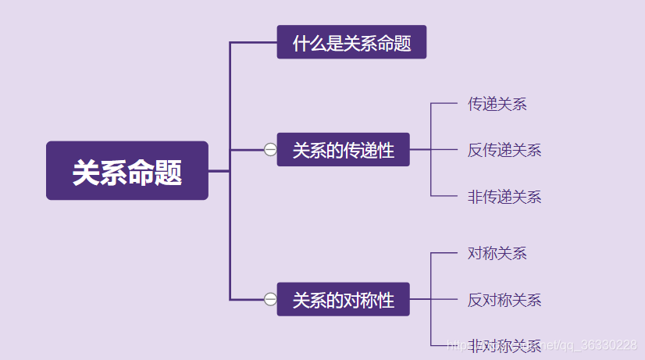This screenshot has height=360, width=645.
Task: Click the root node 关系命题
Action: pos(127,171)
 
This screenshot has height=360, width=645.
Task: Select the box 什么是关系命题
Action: pos(351,42)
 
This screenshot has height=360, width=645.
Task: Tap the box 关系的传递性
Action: pos(343,149)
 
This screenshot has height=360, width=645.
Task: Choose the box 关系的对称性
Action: pos(343,299)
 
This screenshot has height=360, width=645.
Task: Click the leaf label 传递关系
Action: pos(497,104)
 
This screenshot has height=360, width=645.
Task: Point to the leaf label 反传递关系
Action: pos(504,150)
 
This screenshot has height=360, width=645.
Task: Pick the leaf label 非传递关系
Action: pos(504,196)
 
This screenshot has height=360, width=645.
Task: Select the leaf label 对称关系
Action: pos(497,253)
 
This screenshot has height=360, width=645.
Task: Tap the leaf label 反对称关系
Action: pos(504,300)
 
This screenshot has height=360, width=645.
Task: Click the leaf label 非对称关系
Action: pos(504,345)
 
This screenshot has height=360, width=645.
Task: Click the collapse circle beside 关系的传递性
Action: pos(270,149)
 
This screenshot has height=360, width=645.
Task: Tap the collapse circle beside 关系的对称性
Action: pos(270,299)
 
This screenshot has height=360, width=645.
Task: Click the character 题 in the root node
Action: pos(169,172)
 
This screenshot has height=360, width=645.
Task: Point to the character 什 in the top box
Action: pos(300,43)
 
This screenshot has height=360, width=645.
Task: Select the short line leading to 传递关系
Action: pos(444,103)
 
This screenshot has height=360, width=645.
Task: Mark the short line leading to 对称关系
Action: pos(444,253)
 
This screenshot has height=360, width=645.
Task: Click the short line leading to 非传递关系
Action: pos(444,195)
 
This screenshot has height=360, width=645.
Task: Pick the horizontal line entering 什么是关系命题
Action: pos(254,42)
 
